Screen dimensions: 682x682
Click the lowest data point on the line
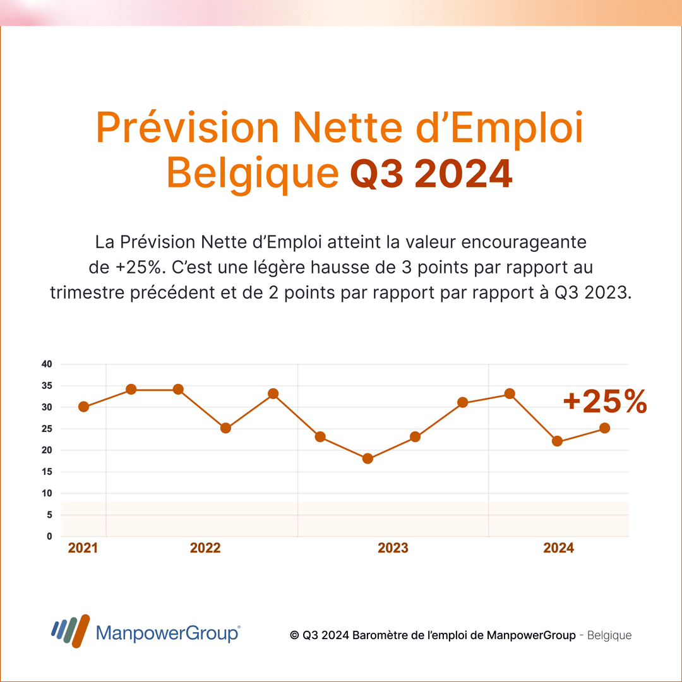368,458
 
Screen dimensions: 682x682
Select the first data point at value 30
83,407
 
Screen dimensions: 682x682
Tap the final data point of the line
604,428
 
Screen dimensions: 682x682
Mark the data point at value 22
557,441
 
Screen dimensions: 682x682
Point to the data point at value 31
462,402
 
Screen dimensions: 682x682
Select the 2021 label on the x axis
83,548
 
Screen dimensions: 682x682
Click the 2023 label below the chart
393,548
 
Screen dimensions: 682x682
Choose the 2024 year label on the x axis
558,548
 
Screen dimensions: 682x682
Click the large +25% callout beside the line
604,401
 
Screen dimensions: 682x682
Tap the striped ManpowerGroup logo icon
70,631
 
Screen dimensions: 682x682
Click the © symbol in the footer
294,635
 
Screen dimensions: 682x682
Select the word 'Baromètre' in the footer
378,635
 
